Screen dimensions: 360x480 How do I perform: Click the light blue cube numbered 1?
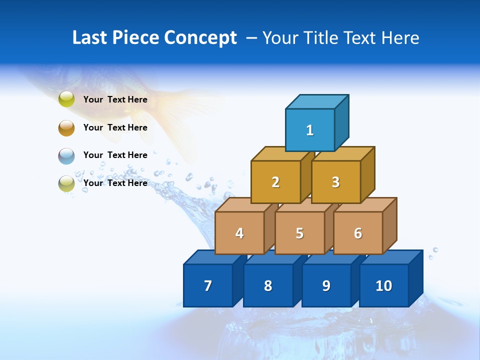pyautogui.click(x=310, y=130)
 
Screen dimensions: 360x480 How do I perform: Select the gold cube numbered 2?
pyautogui.click(x=275, y=182)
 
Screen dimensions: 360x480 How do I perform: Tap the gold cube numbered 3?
pyautogui.click(x=335, y=182)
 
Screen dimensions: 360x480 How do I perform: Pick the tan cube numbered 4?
pyautogui.click(x=239, y=233)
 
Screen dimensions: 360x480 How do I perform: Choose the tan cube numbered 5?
pyautogui.click(x=299, y=233)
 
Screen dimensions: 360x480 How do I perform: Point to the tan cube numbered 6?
pyautogui.click(x=358, y=233)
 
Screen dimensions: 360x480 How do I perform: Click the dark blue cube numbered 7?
pyautogui.click(x=208, y=285)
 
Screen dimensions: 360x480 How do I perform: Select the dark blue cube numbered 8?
pyautogui.click(x=268, y=285)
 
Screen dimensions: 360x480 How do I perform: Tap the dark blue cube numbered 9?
pyautogui.click(x=326, y=285)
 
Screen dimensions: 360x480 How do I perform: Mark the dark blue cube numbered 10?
pyautogui.click(x=384, y=285)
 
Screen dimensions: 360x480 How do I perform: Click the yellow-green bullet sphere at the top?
pyautogui.click(x=66, y=99)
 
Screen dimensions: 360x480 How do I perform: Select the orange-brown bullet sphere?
pyautogui.click(x=66, y=127)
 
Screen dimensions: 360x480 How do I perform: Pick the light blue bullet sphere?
pyautogui.click(x=66, y=155)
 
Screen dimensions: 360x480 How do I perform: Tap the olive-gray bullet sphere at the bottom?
pyautogui.click(x=66, y=183)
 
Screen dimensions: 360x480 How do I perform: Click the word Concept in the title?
pyautogui.click(x=200, y=38)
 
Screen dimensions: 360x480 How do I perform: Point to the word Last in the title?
pyautogui.click(x=90, y=38)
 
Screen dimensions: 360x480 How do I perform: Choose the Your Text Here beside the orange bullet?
pyautogui.click(x=115, y=127)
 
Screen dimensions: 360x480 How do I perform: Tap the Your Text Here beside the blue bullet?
pyautogui.click(x=115, y=155)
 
